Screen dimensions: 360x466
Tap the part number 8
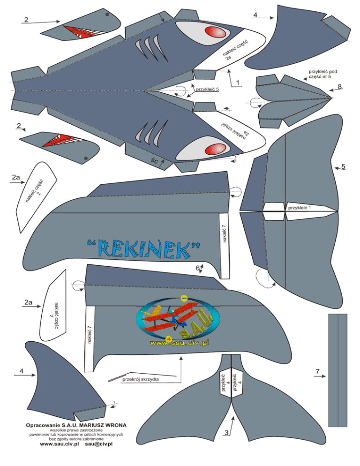tap(340, 86)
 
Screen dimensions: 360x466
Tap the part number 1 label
tap(238, 83)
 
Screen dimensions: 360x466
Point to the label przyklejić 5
tap(208, 89)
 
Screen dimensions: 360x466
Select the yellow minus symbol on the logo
tap(184, 298)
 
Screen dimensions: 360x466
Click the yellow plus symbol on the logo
tap(169, 338)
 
